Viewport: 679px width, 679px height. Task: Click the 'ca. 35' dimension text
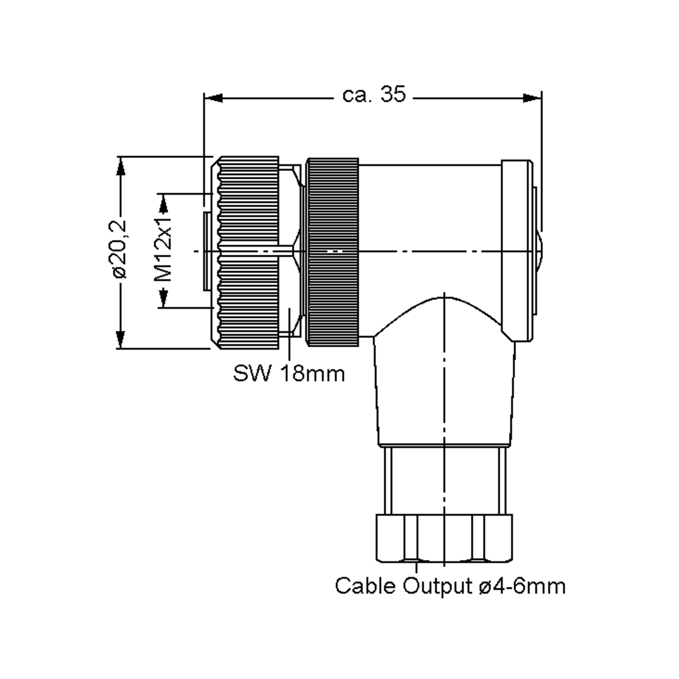(x=374, y=94)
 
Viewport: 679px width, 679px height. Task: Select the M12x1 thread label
(x=163, y=250)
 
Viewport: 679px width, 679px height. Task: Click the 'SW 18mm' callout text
(x=289, y=373)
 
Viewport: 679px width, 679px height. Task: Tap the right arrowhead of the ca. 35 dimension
(x=532, y=98)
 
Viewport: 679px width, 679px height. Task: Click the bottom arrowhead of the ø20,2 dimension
(x=121, y=339)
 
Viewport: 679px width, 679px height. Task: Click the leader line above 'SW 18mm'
(x=289, y=334)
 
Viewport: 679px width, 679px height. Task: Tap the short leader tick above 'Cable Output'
(x=416, y=567)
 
